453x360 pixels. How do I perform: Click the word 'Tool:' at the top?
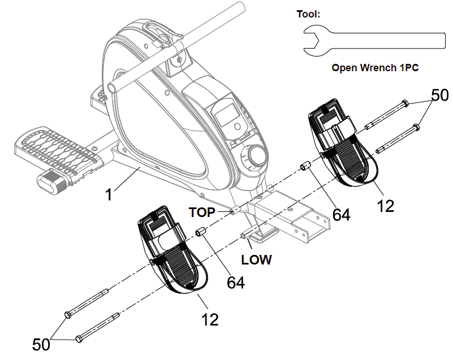pyautogui.click(x=308, y=14)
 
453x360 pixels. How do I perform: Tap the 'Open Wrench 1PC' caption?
pyautogui.click(x=374, y=68)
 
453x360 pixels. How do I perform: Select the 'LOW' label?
pyautogui.click(x=256, y=260)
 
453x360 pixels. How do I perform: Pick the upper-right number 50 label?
pyautogui.click(x=439, y=95)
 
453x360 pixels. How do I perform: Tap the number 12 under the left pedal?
pyautogui.click(x=210, y=319)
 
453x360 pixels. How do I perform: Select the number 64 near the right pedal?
pyautogui.click(x=341, y=214)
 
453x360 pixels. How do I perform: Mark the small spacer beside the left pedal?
pyautogui.click(x=200, y=232)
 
